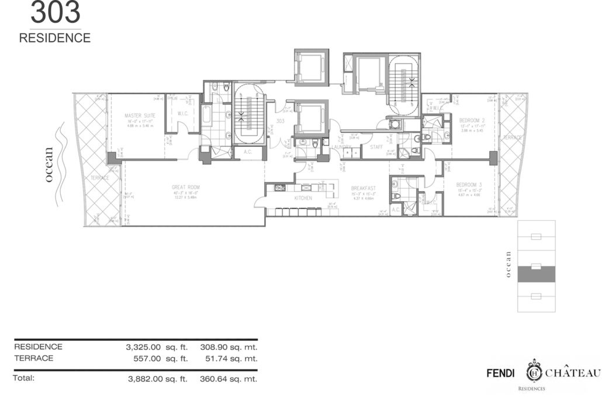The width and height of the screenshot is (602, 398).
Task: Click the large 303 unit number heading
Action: point(56,13)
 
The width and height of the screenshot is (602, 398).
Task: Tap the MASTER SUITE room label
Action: point(139,116)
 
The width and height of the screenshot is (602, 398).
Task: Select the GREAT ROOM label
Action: point(186,187)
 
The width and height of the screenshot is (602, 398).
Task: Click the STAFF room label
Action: point(376,147)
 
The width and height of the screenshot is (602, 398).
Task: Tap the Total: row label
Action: point(25,378)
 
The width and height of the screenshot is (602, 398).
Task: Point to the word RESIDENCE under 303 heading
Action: point(55,39)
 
